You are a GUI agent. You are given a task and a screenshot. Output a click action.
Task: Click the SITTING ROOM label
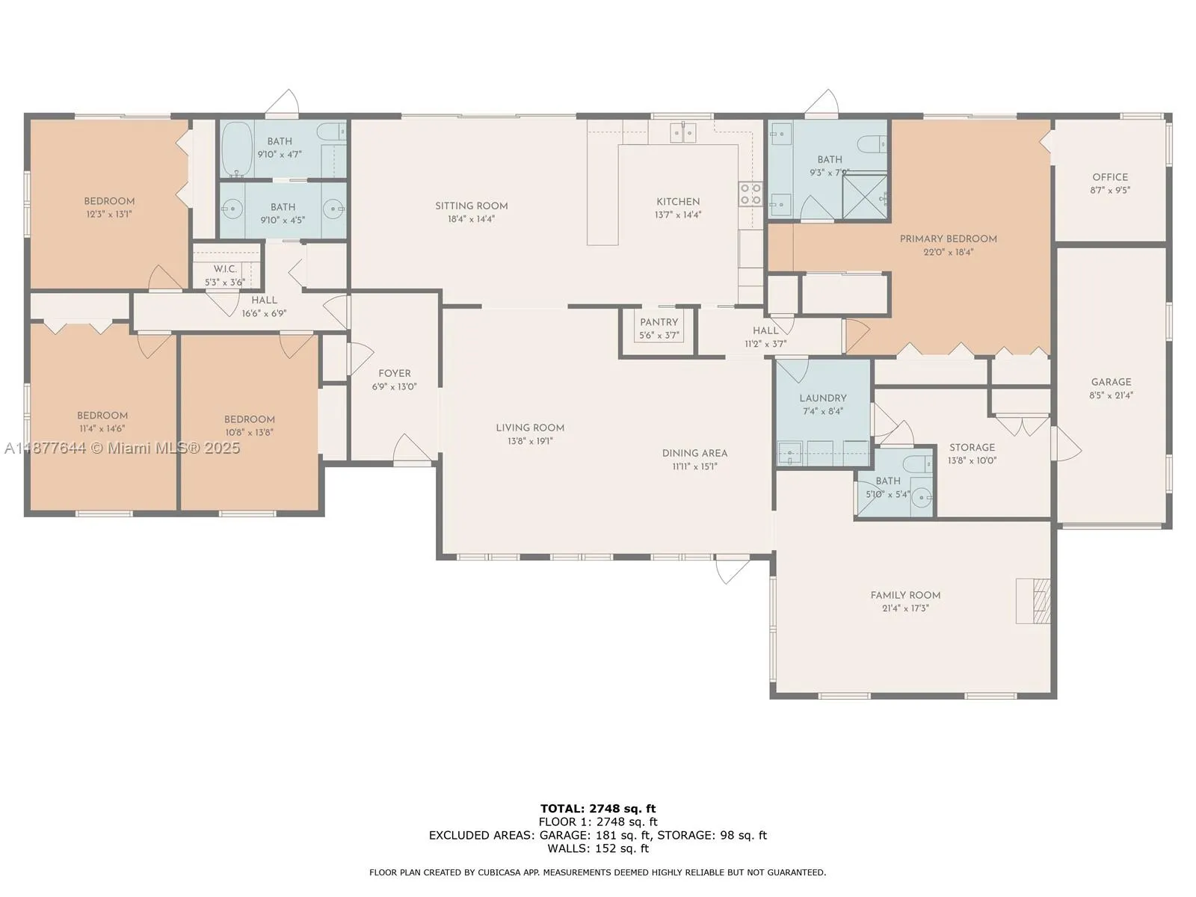pyautogui.click(x=472, y=206)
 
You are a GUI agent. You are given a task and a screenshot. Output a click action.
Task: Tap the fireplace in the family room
pyautogui.click(x=1033, y=601)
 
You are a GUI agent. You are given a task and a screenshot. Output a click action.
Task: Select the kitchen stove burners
pyautogui.click(x=750, y=194)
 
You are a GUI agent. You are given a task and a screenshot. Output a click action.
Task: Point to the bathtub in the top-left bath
pyautogui.click(x=236, y=148)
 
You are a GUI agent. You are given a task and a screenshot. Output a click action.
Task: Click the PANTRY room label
pyautogui.click(x=659, y=322)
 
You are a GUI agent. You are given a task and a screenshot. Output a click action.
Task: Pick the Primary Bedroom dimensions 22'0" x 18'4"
pyautogui.click(x=948, y=252)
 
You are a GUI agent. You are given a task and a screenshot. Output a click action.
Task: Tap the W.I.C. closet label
pyautogui.click(x=225, y=269)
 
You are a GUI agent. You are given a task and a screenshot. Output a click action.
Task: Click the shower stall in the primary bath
pyautogui.click(x=865, y=197)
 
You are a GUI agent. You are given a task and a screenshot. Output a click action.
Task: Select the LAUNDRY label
pyautogui.click(x=823, y=398)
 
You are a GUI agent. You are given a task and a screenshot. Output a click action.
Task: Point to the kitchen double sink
pyautogui.click(x=682, y=132)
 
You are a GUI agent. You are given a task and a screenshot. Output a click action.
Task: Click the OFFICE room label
pyautogui.click(x=1110, y=177)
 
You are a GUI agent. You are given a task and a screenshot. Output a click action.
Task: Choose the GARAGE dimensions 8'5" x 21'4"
pyautogui.click(x=1111, y=395)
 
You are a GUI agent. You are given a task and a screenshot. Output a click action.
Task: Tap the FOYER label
pyautogui.click(x=395, y=373)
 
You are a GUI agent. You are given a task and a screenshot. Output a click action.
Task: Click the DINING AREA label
pyautogui.click(x=694, y=453)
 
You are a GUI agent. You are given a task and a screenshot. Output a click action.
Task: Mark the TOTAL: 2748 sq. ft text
pyautogui.click(x=598, y=808)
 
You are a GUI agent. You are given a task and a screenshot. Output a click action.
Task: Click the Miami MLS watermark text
pyautogui.click(x=122, y=448)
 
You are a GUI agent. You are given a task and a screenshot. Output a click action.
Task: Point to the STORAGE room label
pyautogui.click(x=972, y=447)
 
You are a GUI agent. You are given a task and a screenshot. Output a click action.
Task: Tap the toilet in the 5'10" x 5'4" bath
pyautogui.click(x=918, y=464)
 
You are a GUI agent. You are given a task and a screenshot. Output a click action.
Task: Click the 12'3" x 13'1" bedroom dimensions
pyautogui.click(x=109, y=214)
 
